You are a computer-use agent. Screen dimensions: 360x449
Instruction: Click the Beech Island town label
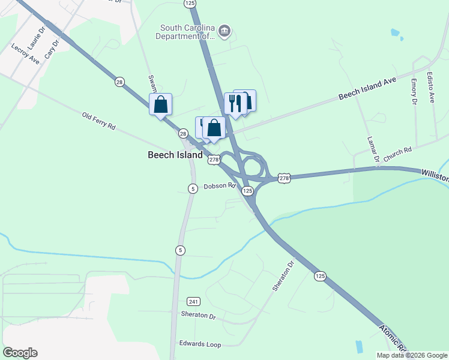tap(175, 155)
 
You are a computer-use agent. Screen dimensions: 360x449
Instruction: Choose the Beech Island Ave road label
tap(368, 88)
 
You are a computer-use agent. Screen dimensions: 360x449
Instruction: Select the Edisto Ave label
tap(430, 88)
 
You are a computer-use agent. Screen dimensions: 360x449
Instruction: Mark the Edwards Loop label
tap(200, 344)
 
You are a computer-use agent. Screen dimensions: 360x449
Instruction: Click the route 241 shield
tap(193, 301)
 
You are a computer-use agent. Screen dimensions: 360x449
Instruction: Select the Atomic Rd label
tap(393, 340)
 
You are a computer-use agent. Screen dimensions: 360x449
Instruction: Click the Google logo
tap(20, 353)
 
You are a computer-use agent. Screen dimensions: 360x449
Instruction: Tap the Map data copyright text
tap(412, 355)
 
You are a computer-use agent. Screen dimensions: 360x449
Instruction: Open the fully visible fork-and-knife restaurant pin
tap(235, 103)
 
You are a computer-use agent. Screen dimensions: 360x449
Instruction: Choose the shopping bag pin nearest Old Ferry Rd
tap(160, 105)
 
